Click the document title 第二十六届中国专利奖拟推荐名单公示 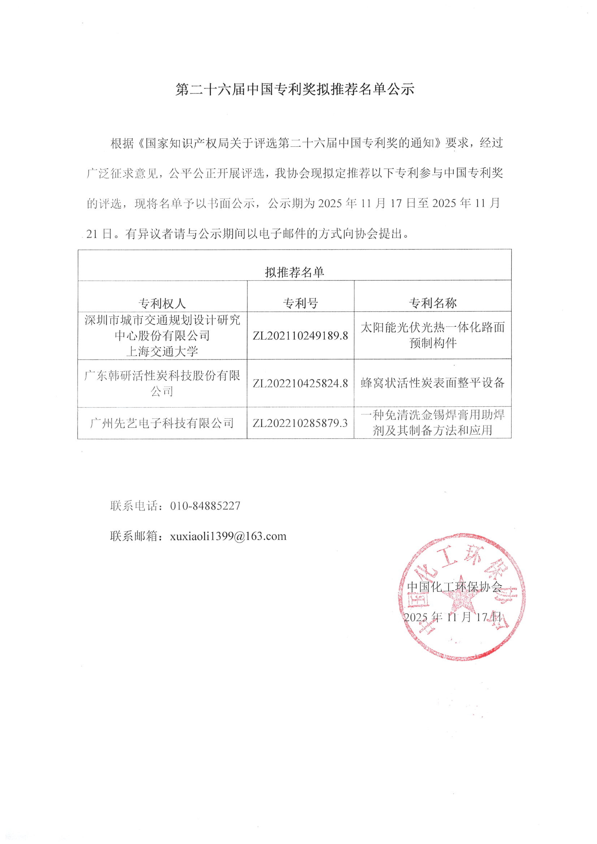295,89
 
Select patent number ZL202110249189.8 300,336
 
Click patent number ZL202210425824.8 300,383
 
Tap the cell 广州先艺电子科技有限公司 162,423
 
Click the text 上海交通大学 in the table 162,351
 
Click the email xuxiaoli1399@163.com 228,536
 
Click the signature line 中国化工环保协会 454,587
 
